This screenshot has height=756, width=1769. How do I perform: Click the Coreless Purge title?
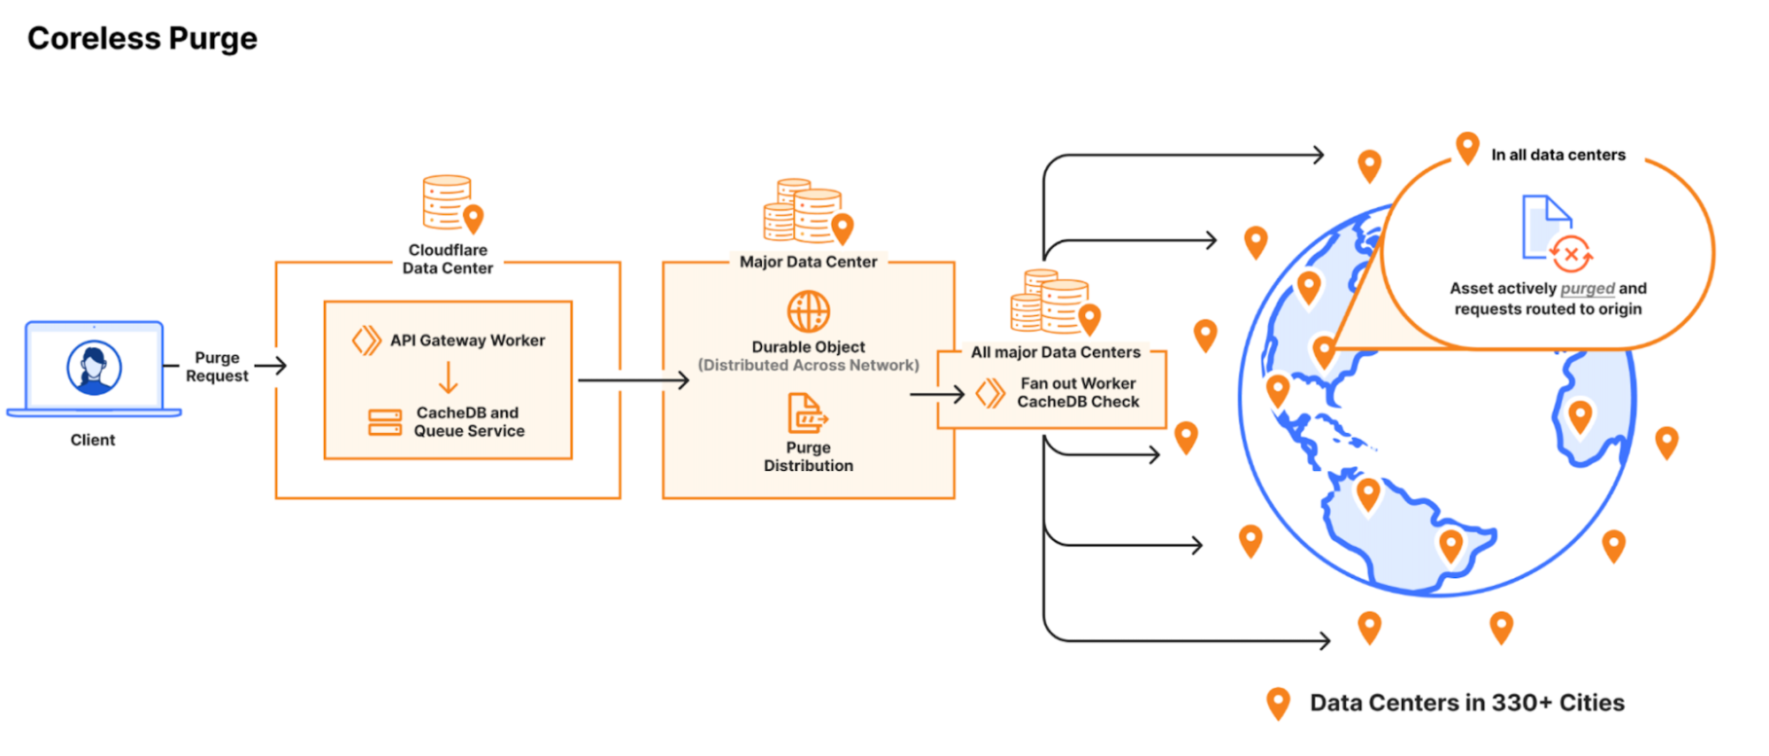click(x=142, y=39)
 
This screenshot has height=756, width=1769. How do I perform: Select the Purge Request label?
click(x=217, y=366)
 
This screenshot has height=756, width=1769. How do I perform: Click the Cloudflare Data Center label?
click(x=448, y=259)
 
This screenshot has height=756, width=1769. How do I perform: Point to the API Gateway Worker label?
click(x=467, y=341)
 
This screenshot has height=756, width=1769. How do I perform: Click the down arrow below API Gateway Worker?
click(x=449, y=377)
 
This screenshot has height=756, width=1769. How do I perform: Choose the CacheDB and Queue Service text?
click(x=469, y=422)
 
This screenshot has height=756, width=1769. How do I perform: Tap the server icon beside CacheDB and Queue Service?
click(x=385, y=422)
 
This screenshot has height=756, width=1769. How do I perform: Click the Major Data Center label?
click(x=808, y=262)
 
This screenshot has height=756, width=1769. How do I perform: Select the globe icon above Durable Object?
click(x=809, y=312)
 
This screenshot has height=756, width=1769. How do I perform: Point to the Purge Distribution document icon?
click(x=806, y=413)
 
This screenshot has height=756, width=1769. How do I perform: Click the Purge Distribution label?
click(x=808, y=457)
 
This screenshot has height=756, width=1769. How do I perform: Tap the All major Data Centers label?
click(x=1056, y=352)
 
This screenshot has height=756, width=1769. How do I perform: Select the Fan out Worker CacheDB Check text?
click(x=1078, y=393)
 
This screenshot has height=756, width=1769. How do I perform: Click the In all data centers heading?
click(x=1558, y=155)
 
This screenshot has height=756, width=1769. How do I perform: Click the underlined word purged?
click(x=1588, y=289)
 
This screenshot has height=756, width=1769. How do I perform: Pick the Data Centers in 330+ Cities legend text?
click(x=1467, y=703)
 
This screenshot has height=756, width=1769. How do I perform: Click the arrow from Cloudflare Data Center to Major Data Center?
click(x=633, y=381)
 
